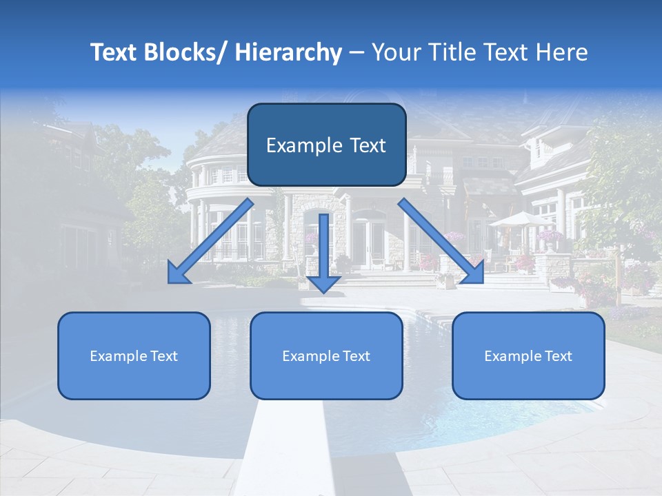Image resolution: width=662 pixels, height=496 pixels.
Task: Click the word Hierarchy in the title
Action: click(x=288, y=52)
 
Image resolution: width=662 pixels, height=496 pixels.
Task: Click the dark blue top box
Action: click(x=326, y=145)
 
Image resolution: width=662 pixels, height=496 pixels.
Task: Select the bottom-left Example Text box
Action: click(x=134, y=355)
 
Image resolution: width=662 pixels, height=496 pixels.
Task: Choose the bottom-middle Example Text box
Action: click(x=326, y=355)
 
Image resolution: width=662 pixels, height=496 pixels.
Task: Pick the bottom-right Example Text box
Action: click(x=528, y=355)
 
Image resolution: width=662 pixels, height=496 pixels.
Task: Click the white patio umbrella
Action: click(x=521, y=219)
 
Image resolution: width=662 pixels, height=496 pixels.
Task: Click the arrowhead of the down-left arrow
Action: click(x=177, y=273)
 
